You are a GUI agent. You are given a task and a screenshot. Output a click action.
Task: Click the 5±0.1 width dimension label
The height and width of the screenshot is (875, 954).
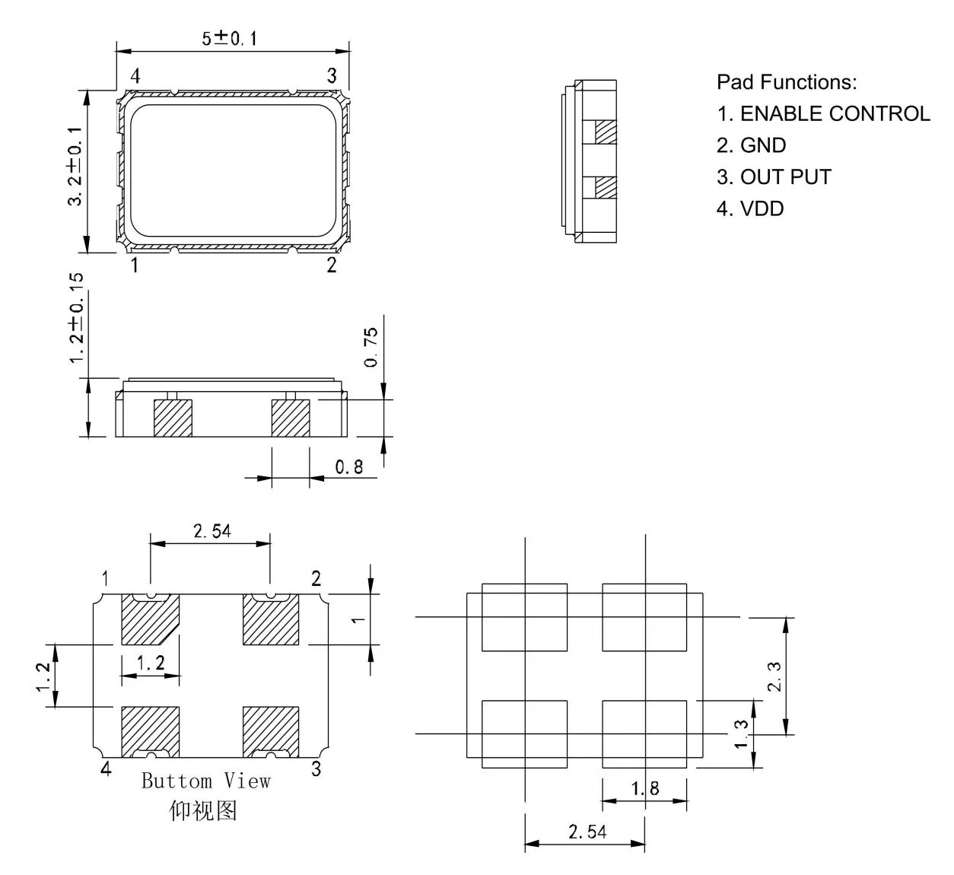(228, 39)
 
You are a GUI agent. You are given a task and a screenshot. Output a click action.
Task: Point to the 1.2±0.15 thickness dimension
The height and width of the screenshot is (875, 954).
(77, 318)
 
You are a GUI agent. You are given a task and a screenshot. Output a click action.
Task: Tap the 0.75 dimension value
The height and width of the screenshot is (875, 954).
(370, 347)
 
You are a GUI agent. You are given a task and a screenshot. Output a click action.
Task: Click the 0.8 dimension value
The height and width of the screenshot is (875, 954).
(349, 467)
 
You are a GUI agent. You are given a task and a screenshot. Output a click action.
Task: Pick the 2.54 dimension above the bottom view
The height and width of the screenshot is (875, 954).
(211, 531)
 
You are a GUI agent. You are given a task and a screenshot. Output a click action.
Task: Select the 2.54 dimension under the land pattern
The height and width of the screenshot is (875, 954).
(587, 832)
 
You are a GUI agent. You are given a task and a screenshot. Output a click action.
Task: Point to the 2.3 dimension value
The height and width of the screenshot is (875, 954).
(774, 676)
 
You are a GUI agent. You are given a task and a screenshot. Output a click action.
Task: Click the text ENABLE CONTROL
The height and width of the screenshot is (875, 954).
(835, 113)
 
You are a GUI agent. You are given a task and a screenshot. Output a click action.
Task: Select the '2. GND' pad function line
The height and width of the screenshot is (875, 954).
(751, 145)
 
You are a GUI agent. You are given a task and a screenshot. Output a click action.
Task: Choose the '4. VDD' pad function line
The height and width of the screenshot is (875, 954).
(749, 208)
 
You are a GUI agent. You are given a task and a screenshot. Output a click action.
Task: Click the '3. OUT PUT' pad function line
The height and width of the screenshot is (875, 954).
(774, 177)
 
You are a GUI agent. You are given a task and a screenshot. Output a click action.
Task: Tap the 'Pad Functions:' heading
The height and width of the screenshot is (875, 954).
(787, 81)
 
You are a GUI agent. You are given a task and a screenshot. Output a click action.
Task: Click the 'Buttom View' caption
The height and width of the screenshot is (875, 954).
(205, 781)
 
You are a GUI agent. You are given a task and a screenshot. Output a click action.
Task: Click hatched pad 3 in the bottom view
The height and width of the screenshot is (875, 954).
(270, 731)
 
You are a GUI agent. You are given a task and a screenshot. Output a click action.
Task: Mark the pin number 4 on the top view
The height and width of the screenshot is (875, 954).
(135, 76)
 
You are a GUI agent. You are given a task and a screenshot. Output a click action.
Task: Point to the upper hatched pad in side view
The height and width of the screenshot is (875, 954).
(605, 132)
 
